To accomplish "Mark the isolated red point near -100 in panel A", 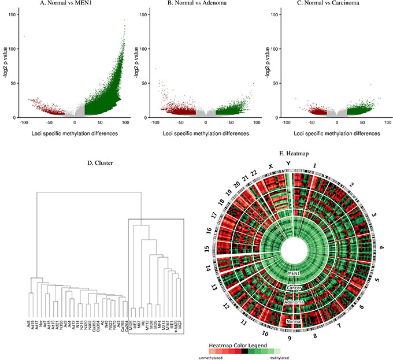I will coord(24,37).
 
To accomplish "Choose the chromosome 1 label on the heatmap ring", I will coord(314,165).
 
